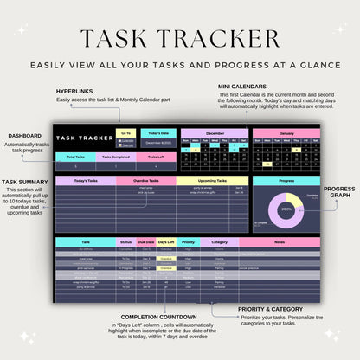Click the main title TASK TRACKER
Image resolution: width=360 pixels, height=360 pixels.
click(x=180, y=39)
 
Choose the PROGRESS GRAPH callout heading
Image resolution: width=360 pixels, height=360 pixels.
click(x=339, y=192)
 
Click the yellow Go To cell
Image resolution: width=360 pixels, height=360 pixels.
click(x=126, y=132)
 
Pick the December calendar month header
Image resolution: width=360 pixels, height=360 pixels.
click(x=215, y=133)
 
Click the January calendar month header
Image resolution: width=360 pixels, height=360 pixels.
click(x=286, y=133)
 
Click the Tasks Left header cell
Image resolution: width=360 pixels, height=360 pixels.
click(x=155, y=157)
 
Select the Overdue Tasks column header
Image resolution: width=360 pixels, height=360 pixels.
click(x=145, y=181)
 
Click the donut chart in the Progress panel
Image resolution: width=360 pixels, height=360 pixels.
click(x=286, y=209)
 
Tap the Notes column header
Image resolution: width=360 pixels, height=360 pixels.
click(x=279, y=242)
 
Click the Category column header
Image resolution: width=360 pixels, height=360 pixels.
click(x=220, y=242)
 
